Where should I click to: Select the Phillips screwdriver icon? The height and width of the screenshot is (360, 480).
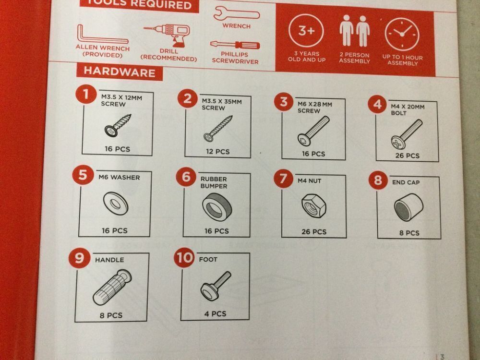point(235,45)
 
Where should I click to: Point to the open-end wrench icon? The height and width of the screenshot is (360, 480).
point(236,14)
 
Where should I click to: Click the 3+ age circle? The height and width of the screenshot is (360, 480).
point(306,31)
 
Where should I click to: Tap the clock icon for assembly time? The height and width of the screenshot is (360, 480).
point(402,34)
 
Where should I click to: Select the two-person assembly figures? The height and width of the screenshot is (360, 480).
point(355,31)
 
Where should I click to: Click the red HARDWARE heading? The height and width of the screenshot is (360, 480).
point(120,72)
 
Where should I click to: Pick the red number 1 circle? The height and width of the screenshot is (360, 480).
point(86,94)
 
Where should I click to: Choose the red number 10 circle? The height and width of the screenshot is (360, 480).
point(184,257)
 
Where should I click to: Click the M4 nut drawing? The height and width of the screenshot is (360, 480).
point(313,206)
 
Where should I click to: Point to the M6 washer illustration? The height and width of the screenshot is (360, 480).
point(116,203)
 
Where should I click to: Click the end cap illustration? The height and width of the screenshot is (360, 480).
point(408,207)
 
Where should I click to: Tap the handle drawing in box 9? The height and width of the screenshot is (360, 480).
point(112,287)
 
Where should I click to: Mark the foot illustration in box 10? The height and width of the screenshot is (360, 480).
point(216,286)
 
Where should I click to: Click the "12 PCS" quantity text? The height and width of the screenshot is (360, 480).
point(217,151)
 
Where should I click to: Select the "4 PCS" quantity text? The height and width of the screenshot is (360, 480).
point(215,314)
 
